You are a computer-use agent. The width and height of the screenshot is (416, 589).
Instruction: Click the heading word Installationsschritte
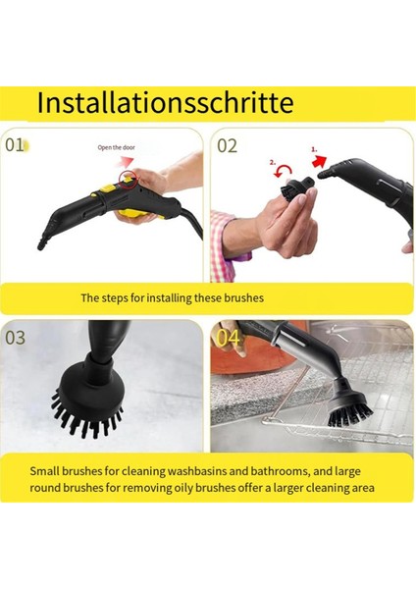coord(165,102)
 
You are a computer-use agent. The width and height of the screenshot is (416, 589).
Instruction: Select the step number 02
coord(228,145)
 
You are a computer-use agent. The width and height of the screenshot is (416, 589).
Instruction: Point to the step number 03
coord(16,338)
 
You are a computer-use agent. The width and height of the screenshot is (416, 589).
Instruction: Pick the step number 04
coord(228,338)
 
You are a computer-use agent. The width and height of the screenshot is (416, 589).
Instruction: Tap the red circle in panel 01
coord(128,177)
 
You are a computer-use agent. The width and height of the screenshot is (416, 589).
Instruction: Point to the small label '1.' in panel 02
coord(315,149)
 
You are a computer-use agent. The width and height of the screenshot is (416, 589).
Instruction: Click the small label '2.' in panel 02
coord(273,163)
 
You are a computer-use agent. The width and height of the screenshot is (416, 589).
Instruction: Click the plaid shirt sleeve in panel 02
coord(218,245)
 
